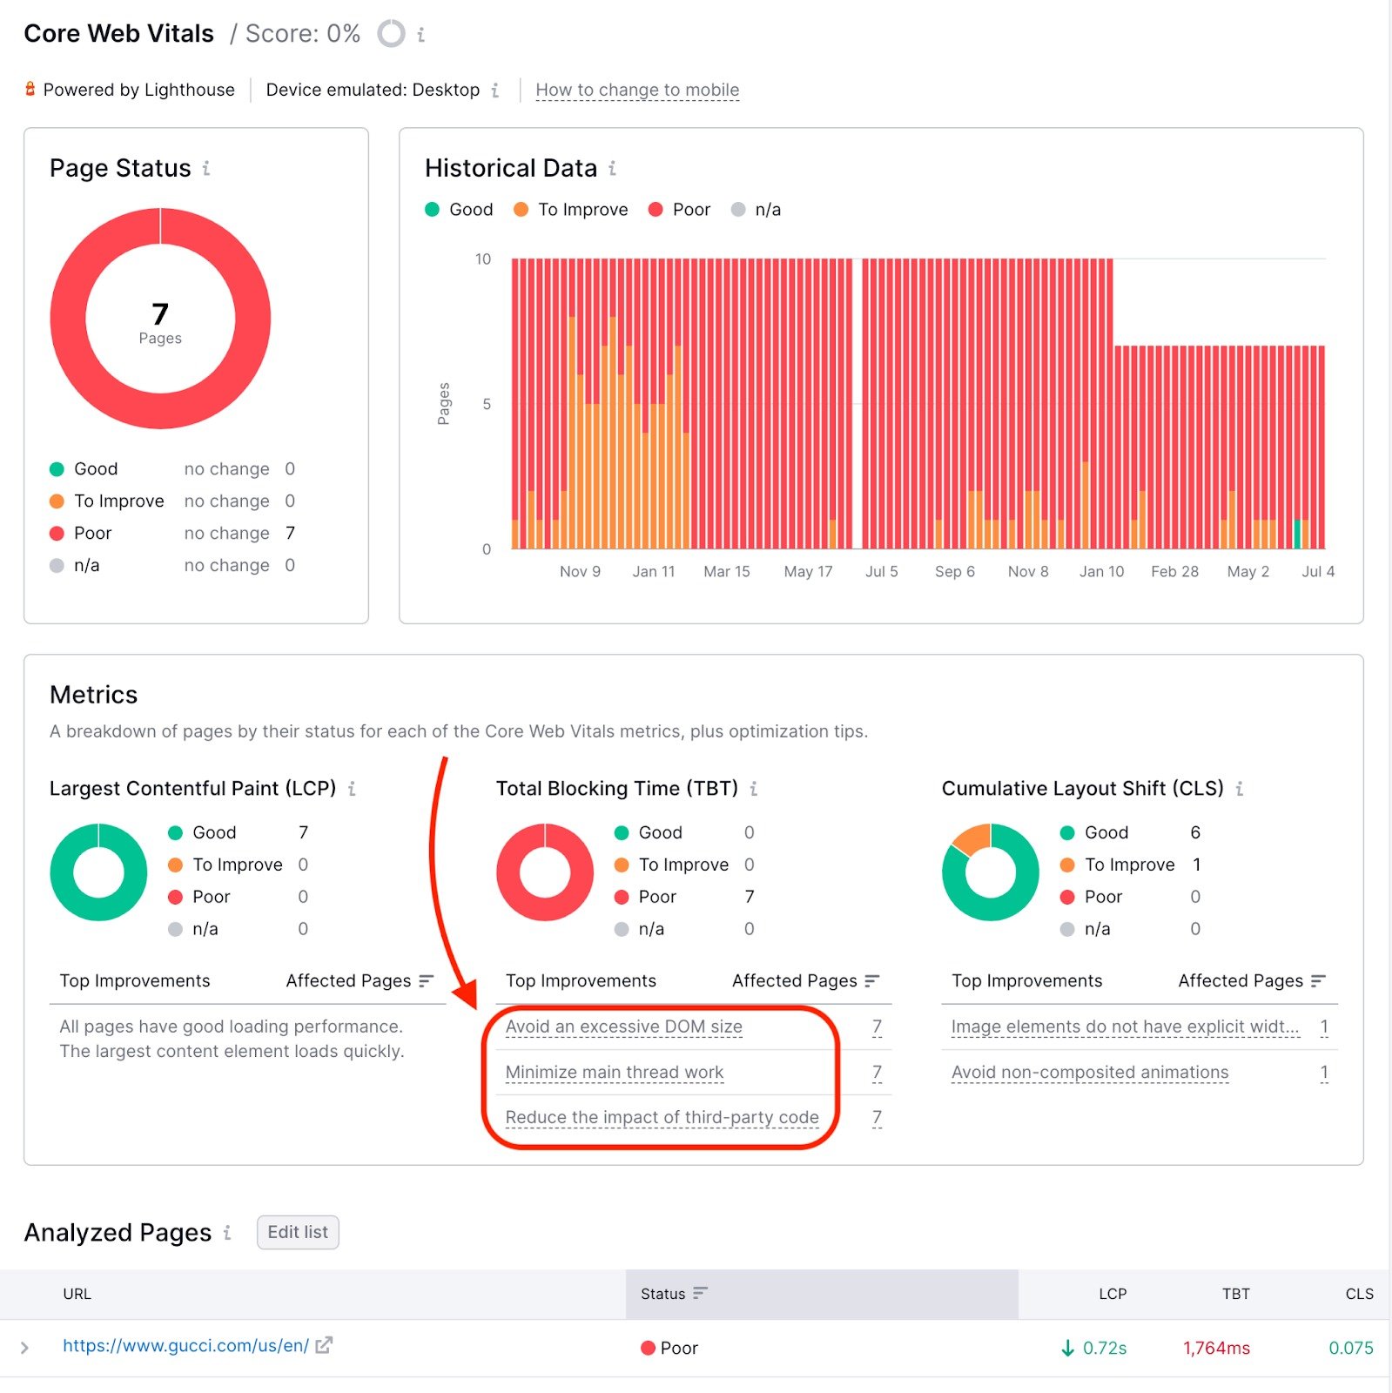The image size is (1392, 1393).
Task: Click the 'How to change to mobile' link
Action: [637, 90]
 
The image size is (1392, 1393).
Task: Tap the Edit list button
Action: [298, 1232]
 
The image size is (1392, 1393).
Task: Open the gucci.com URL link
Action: [185, 1346]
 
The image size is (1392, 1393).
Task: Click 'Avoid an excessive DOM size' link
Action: [623, 1026]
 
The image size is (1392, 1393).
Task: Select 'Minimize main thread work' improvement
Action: [614, 1073]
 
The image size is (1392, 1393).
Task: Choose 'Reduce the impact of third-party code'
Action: [662, 1117]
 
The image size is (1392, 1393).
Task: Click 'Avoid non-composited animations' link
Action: [1089, 1073]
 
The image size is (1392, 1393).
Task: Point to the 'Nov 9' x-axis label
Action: [580, 572]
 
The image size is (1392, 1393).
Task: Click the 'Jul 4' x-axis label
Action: [1317, 572]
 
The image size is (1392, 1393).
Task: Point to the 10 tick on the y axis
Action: [483, 259]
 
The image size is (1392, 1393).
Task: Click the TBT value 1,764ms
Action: [1216, 1348]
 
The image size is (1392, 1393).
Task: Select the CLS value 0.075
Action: [1350, 1348]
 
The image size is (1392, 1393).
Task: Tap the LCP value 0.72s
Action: [1104, 1348]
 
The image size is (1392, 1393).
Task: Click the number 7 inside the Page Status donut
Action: [160, 314]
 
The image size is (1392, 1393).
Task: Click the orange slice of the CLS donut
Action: [972, 838]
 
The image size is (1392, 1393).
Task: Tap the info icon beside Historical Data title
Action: [613, 168]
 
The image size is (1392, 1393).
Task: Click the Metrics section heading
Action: [94, 695]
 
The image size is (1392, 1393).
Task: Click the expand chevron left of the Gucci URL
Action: [24, 1348]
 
